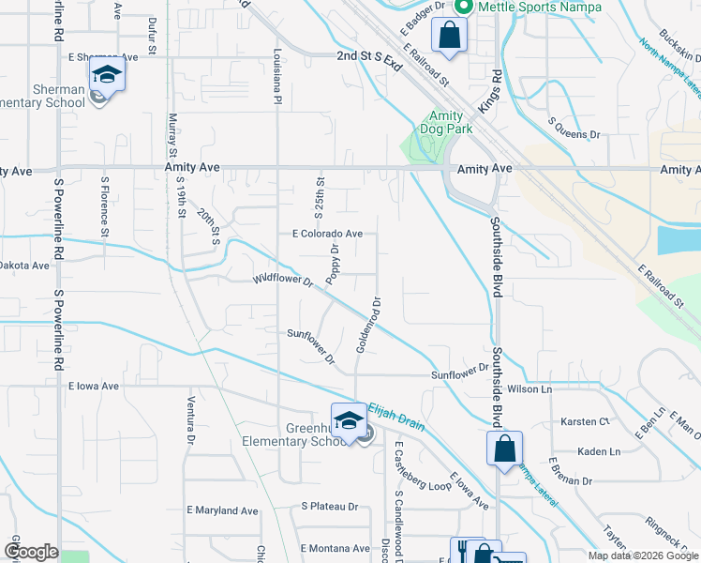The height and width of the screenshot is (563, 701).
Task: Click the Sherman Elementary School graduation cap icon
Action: click(107, 74)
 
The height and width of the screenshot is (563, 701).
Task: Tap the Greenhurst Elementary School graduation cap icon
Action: click(349, 419)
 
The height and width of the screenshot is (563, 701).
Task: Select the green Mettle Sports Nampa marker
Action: click(461, 7)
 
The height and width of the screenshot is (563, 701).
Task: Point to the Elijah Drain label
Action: click(395, 413)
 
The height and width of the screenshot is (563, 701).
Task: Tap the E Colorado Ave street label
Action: click(327, 234)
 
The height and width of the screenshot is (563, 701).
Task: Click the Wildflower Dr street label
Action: click(283, 280)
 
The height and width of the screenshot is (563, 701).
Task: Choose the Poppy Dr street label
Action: click(333, 264)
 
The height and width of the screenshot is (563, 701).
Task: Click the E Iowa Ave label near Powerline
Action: click(94, 386)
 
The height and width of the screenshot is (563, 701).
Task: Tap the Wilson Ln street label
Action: click(529, 388)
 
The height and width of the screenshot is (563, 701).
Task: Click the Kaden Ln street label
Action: click(600, 451)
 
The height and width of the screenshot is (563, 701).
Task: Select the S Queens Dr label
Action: click(574, 134)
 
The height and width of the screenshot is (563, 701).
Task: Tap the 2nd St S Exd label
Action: click(369, 57)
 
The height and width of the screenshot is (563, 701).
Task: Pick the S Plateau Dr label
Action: click(330, 506)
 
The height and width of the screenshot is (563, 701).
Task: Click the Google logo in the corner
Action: click(31, 552)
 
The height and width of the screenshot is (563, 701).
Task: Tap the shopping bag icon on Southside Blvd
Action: click(504, 448)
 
